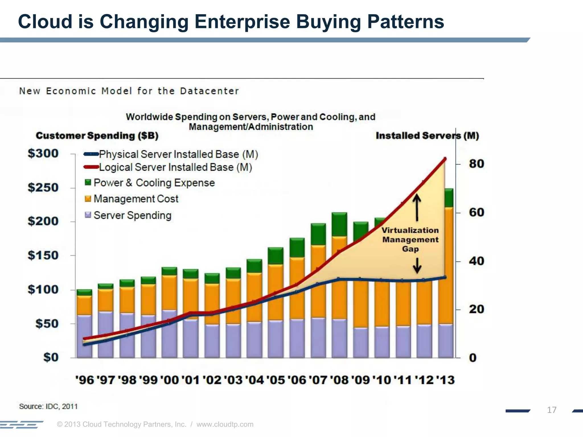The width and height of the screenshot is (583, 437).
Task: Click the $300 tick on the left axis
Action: point(43,154)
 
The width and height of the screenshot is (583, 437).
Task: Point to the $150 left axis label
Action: point(43,255)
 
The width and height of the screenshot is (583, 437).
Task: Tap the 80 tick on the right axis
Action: point(476,164)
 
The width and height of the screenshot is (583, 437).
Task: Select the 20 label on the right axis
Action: point(476,309)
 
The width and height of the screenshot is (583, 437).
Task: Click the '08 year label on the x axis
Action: point(340,380)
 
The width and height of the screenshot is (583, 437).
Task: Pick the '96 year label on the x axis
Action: point(85,380)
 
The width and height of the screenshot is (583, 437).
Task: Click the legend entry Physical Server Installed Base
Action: point(178,154)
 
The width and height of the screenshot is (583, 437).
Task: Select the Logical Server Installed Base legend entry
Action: point(175,167)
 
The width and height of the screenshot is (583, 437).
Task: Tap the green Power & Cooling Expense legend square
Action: point(88,182)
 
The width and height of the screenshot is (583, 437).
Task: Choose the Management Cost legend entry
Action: point(136,199)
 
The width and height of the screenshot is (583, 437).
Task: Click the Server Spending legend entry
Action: point(132,215)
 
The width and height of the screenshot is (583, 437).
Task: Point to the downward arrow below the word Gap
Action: point(417,265)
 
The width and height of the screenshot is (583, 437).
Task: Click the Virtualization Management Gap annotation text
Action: point(410,240)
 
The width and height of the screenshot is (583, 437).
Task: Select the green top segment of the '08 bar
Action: point(339,224)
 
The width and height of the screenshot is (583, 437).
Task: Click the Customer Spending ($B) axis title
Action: point(97,136)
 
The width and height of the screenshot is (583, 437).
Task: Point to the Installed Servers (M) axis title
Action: point(427,136)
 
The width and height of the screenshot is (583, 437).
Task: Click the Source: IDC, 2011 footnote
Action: point(48,406)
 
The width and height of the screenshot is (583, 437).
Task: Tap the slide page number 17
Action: point(551,410)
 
